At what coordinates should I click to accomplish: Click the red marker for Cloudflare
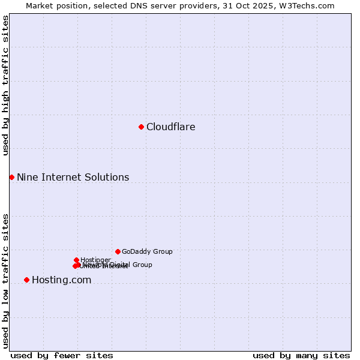[141, 127]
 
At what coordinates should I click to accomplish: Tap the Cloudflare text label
[171, 127]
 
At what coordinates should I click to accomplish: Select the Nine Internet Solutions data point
[11, 177]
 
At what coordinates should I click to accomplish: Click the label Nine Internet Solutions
[73, 178]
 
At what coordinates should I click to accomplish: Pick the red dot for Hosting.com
[26, 280]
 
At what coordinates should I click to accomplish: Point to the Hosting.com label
[61, 280]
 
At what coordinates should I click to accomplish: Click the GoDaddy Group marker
[118, 251]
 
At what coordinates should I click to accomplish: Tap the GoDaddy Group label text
[147, 252]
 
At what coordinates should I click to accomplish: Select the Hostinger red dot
[76, 260]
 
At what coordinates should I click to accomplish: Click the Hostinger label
[95, 260]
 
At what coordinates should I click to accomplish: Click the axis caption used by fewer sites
[62, 355]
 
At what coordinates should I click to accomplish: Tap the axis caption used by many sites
[301, 355]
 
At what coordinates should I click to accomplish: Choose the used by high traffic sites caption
[5, 85]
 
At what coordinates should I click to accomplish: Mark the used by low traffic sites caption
[5, 281]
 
